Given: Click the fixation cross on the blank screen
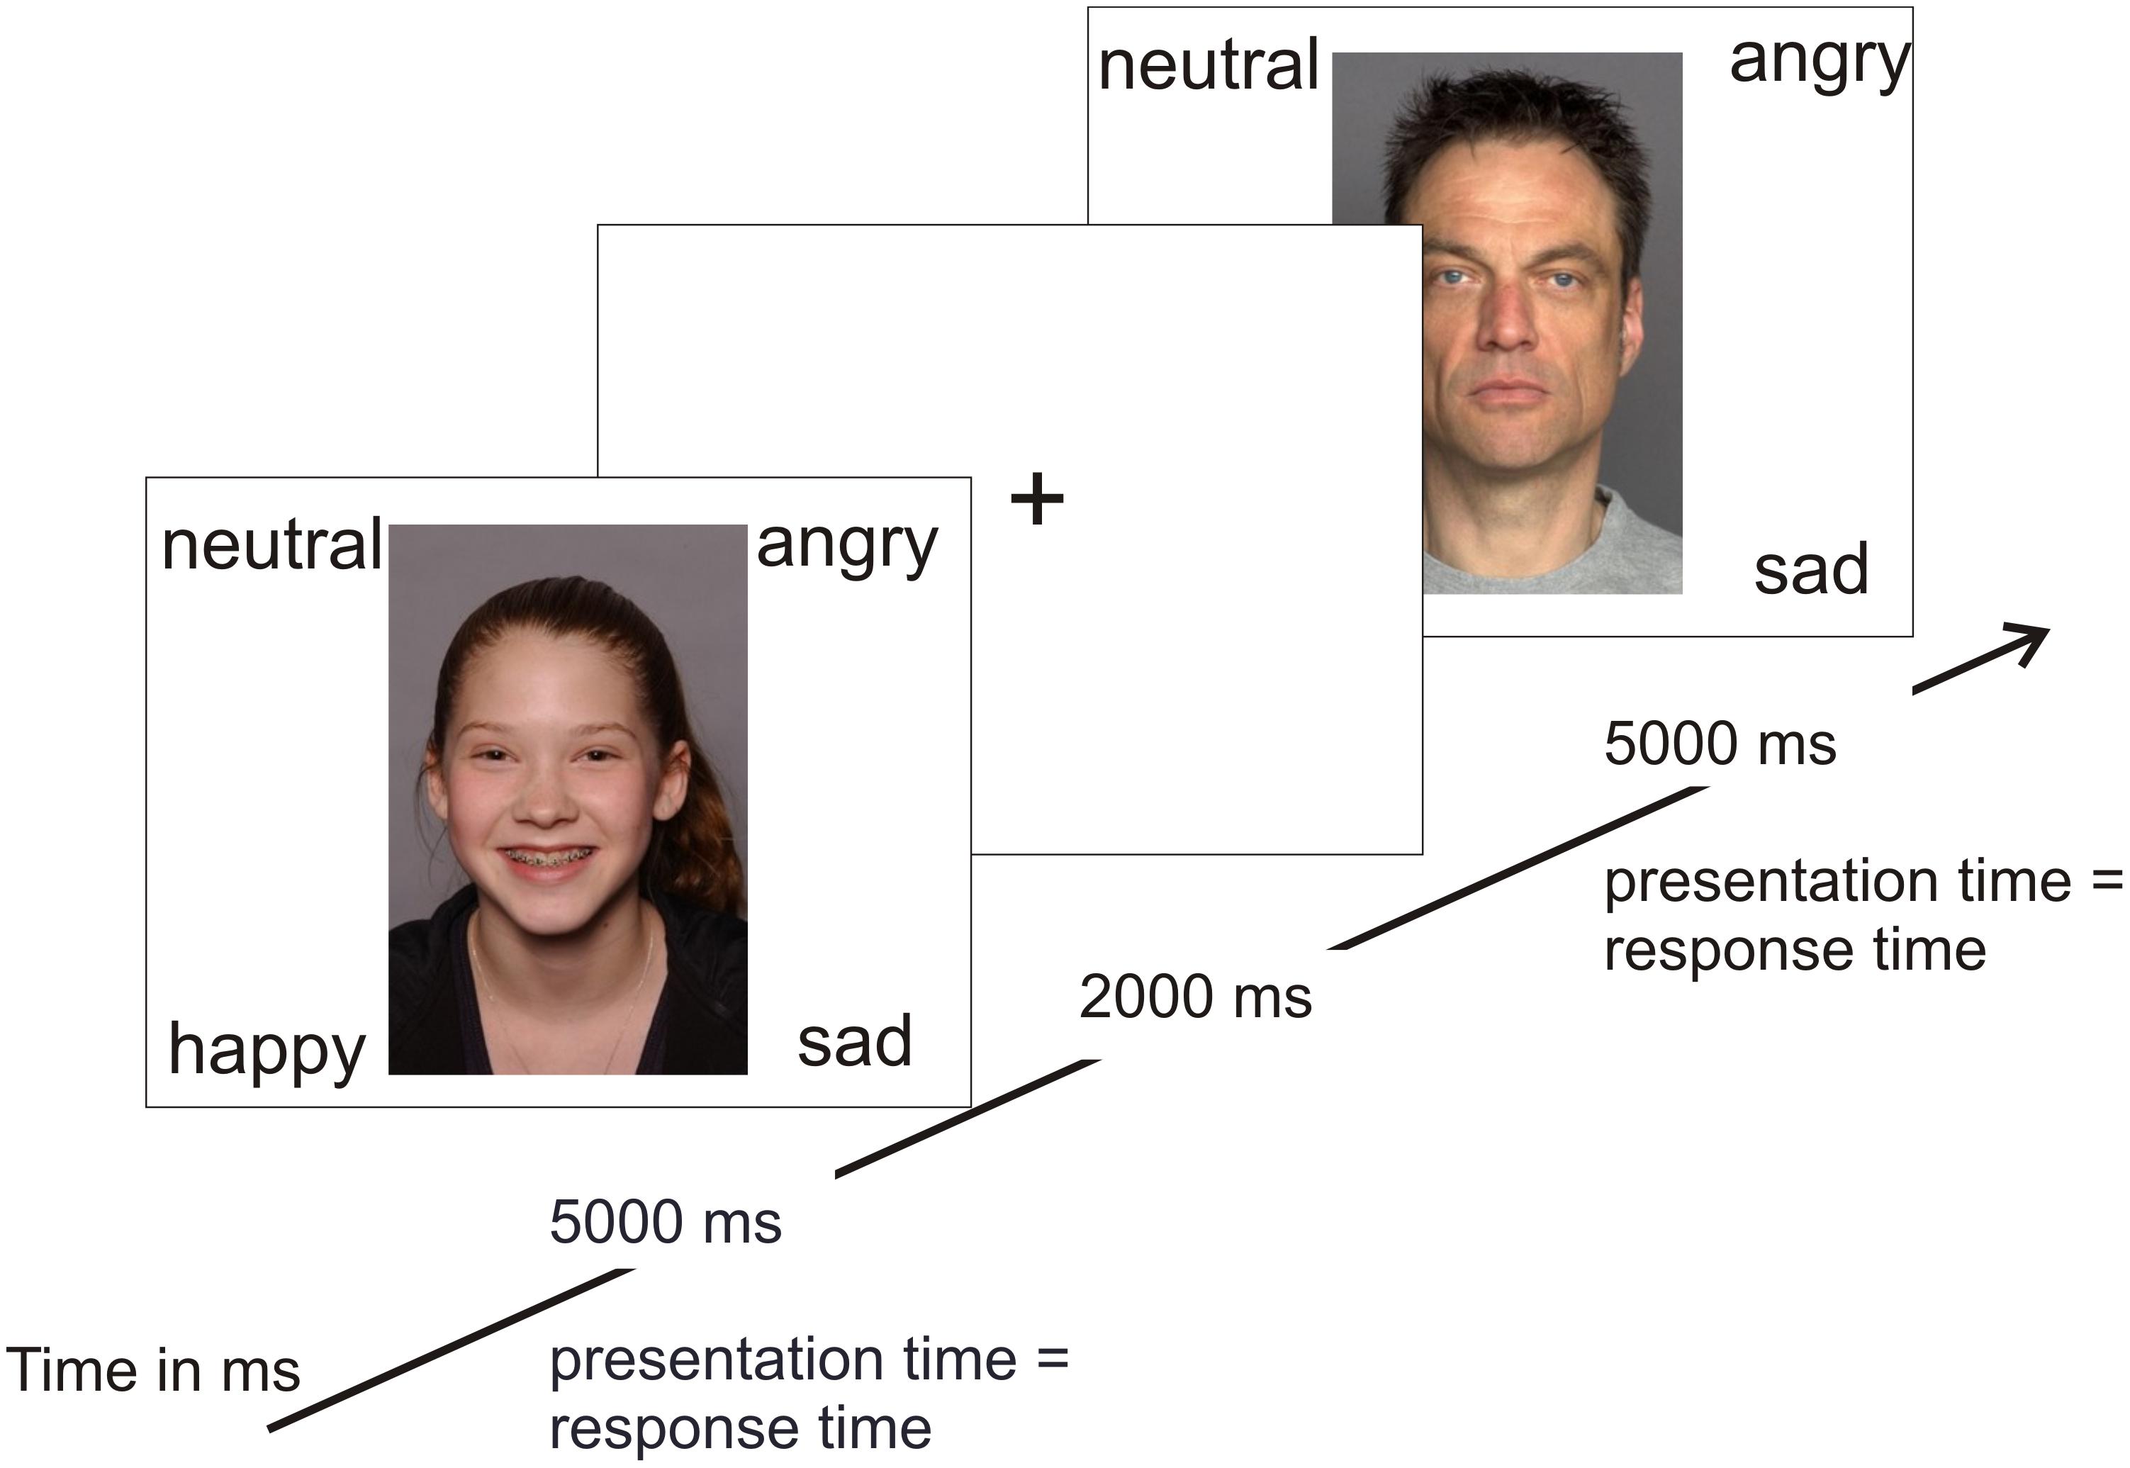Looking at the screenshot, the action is pyautogui.click(x=1036, y=500).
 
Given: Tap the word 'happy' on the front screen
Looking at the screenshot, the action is pyautogui.click(x=267, y=1050).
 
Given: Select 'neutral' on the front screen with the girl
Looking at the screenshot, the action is pyautogui.click(x=271, y=544).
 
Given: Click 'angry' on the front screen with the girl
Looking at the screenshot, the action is pyautogui.click(x=846, y=547).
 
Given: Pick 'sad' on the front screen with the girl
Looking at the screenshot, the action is pyautogui.click(x=854, y=1041).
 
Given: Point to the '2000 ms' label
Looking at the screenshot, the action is pyautogui.click(x=1194, y=997).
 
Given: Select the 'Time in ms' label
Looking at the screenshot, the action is pyautogui.click(x=152, y=1370).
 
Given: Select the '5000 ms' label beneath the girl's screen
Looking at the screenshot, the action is pyautogui.click(x=666, y=1223).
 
